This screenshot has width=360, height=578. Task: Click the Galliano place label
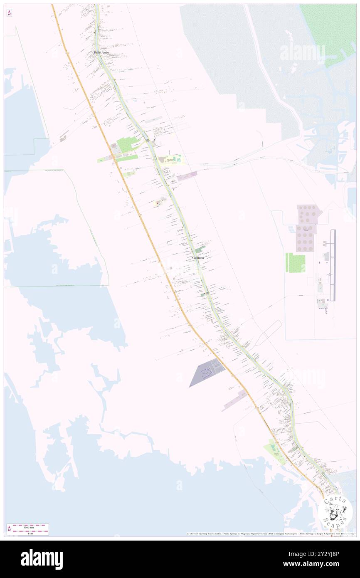point(198,258)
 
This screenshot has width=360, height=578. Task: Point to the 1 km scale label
point(30,533)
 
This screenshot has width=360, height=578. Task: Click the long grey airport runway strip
point(332,265)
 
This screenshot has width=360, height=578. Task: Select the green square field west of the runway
point(296,263)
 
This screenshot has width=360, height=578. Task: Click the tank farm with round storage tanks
point(306,228)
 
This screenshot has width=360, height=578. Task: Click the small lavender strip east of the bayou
point(187,176)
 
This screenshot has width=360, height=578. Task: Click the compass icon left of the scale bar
point(9,529)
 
